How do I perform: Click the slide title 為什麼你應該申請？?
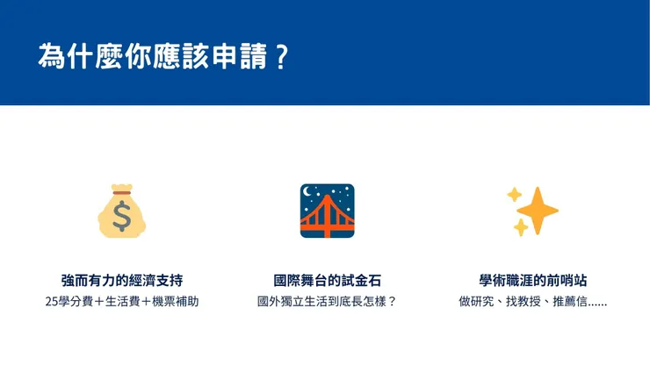[x=163, y=55]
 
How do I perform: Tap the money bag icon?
[x=122, y=211]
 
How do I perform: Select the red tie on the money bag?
[x=121, y=192]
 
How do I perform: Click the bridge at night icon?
[x=327, y=211]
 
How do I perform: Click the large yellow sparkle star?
[x=537, y=211]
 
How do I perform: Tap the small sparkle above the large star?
[x=515, y=195]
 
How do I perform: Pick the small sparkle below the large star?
[x=520, y=228]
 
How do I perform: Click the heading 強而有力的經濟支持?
[x=122, y=281]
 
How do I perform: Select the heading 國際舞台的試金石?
[x=327, y=281]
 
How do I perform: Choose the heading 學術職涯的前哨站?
[x=532, y=281]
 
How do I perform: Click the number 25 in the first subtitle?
[x=51, y=302]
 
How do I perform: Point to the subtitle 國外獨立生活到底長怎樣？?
[x=327, y=302]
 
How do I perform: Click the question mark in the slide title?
[x=281, y=55]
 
